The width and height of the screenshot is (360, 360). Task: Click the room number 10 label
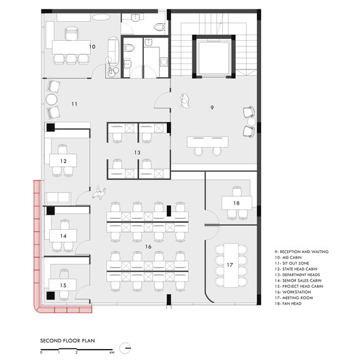point(92,46)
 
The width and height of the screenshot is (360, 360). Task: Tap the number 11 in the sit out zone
point(74,104)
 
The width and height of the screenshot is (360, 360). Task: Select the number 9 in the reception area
point(212,108)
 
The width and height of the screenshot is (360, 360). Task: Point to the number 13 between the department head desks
point(137,153)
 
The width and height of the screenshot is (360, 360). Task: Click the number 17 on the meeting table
point(230,265)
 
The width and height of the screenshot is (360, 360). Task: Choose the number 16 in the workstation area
point(149,247)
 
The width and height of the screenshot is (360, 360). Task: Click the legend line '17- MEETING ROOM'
point(294,298)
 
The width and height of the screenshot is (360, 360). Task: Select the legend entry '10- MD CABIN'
point(288,258)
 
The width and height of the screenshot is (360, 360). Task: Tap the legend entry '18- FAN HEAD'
point(288,303)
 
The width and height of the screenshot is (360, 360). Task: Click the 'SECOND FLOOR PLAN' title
point(67,341)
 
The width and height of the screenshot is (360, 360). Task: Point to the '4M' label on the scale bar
point(112,352)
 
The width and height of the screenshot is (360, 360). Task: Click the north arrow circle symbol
point(125,348)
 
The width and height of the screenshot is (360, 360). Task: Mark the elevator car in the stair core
point(214,57)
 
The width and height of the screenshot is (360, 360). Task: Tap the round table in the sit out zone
point(51,100)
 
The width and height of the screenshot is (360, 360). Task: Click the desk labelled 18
point(237,202)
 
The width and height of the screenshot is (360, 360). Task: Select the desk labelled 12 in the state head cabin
point(63,160)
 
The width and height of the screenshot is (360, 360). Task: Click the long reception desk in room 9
point(207,142)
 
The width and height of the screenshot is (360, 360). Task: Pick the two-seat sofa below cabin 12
point(58,198)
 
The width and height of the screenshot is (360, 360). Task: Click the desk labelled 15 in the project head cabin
point(62,285)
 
